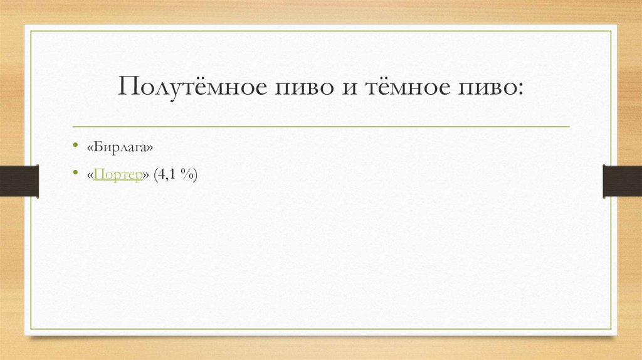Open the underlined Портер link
[x=117, y=176]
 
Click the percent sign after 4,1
[x=186, y=176]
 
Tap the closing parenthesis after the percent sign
[x=196, y=176]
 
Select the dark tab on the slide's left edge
[x=19, y=181]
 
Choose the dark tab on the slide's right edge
[x=622, y=181]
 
